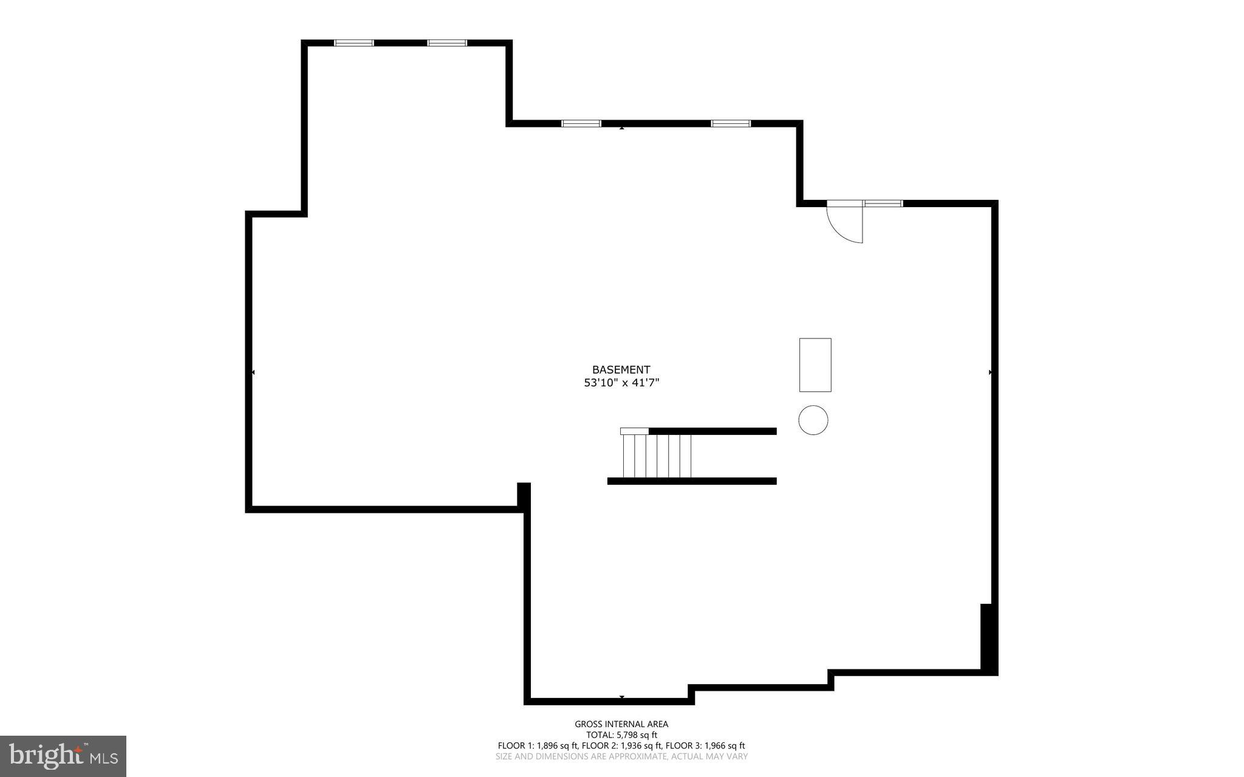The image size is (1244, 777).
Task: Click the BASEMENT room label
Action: click(621, 369)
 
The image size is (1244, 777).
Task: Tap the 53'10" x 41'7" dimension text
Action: click(621, 383)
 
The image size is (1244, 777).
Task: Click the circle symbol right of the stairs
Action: click(813, 420)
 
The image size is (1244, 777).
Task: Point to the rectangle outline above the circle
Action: click(815, 365)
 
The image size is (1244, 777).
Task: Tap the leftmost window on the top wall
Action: click(354, 43)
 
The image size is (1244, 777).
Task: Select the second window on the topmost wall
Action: click(447, 43)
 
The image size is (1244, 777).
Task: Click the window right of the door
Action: click(883, 203)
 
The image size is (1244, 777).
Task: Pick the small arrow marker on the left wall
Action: click(253, 372)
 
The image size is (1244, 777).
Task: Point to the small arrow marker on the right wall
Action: click(990, 372)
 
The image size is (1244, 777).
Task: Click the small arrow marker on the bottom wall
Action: click(621, 697)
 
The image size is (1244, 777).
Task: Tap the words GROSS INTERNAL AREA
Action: click(621, 724)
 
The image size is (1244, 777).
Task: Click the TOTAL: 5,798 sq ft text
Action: click(621, 735)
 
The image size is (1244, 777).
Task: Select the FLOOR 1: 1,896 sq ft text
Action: click(538, 746)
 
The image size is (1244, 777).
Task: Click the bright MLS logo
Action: click(63, 756)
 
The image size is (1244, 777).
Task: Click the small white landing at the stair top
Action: click(634, 431)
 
